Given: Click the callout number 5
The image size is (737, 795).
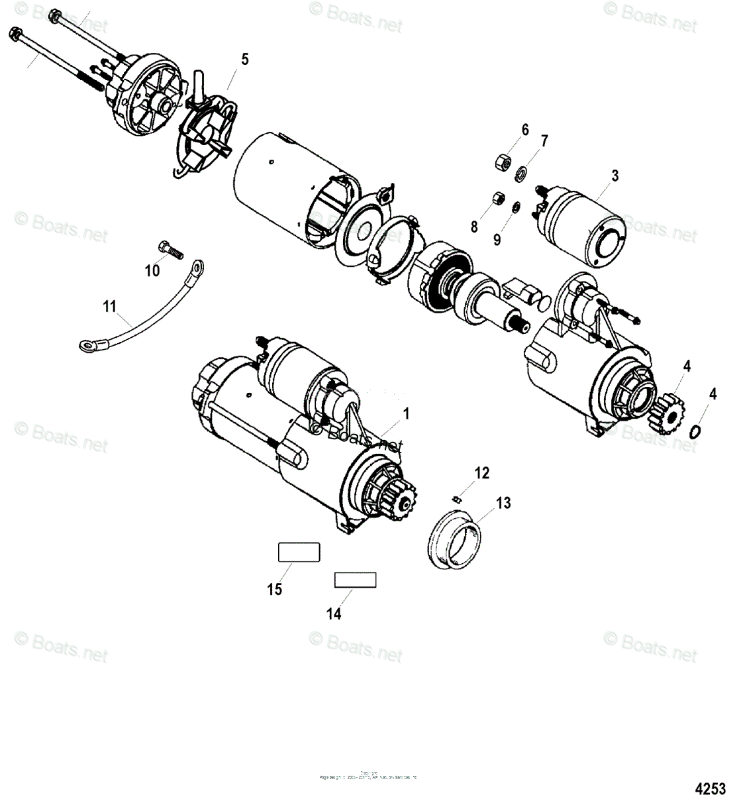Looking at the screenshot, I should pos(245,60).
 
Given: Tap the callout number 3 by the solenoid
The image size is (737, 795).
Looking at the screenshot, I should pos(614,176).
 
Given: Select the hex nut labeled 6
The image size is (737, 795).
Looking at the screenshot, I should pos(502,160).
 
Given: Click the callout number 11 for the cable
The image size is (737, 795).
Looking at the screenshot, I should pos(109,307).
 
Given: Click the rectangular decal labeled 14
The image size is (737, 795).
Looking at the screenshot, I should pos(354,580).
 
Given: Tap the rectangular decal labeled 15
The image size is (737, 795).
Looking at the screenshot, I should pos(298,552).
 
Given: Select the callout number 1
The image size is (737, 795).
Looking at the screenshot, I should pos(406,414).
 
